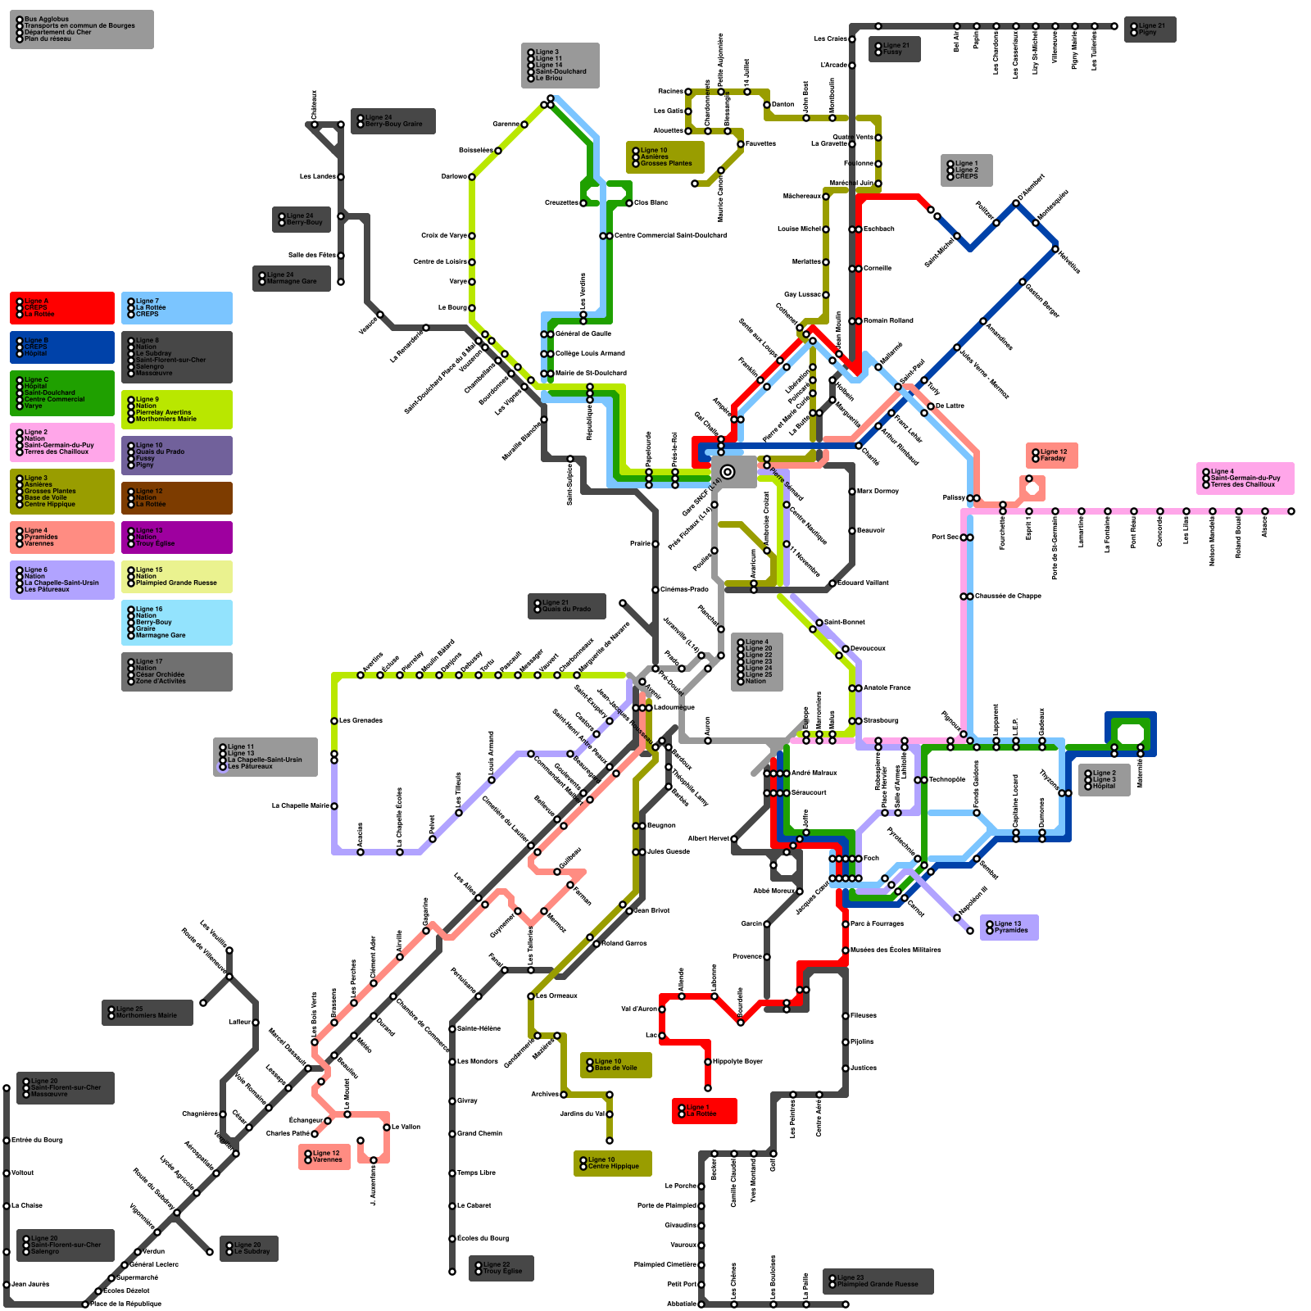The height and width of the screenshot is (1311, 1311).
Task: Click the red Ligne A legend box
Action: pos(61,307)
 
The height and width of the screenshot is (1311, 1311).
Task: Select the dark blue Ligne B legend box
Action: pos(61,347)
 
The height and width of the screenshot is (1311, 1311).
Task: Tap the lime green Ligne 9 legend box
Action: pos(176,409)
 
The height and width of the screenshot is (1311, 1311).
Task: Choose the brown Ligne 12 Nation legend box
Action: pos(176,497)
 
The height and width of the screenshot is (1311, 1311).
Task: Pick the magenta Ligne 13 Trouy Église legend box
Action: pos(176,537)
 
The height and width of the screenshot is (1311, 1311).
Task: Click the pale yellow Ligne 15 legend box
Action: pos(176,576)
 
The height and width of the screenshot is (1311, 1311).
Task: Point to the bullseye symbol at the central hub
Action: pos(727,471)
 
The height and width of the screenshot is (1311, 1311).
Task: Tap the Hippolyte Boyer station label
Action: pos(737,1061)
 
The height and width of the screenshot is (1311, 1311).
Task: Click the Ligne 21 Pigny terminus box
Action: pos(1150,29)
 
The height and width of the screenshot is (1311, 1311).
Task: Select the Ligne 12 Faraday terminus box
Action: pos(1051,456)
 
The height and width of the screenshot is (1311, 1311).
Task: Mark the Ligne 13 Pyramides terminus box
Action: pos(1009,927)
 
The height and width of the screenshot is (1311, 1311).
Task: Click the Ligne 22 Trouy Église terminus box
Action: pos(501,1268)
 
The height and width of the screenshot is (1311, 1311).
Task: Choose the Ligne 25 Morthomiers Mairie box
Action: pos(147,1012)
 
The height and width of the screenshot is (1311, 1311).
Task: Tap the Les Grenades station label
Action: pos(361,720)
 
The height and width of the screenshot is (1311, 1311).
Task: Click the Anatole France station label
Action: pos(887,687)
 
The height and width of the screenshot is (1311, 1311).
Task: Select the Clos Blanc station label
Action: pos(651,202)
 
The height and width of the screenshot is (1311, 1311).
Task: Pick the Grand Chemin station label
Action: pos(479,1133)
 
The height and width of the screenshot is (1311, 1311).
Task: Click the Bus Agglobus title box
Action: pos(81,29)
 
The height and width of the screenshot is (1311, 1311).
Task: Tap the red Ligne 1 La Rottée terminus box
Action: pos(704,1110)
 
